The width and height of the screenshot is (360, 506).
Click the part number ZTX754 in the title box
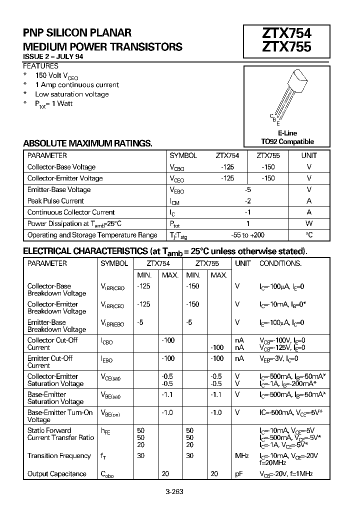pos(286,33)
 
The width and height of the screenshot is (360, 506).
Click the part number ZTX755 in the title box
pos(286,47)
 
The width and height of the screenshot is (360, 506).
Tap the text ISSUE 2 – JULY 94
pos(53,57)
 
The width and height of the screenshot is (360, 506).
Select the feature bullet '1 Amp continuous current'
pos(77,85)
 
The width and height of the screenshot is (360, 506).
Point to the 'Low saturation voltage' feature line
pos(71,94)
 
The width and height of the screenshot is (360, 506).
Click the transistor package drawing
pos(287,97)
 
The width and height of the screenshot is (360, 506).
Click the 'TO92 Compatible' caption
pos(287,141)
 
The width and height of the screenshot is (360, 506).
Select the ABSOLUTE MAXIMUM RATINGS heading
pos(87,143)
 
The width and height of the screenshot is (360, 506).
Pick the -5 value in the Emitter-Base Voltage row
pos(247,189)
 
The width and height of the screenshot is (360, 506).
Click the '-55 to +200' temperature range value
pos(248,235)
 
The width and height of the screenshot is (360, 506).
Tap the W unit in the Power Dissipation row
pos(309,223)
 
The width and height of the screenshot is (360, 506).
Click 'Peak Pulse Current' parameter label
pos(55,201)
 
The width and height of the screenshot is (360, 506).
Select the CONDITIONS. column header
pos(280,263)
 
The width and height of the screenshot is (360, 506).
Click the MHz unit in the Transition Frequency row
pos(242,455)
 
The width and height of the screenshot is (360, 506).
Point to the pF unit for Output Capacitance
pos(239,473)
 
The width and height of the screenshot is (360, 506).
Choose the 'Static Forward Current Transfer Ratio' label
pos(60,434)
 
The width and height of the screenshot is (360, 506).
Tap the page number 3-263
pos(174,491)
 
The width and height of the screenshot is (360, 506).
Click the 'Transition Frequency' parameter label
pos(59,455)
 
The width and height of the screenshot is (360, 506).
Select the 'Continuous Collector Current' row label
pos(71,212)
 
